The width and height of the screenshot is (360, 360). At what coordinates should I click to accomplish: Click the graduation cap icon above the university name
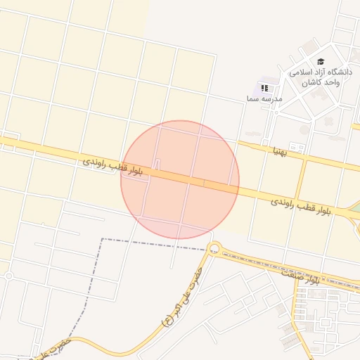[x=321, y=62]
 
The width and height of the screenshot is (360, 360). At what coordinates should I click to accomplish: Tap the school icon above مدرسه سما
[x=264, y=88]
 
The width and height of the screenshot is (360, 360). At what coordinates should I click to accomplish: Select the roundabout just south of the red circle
[x=214, y=247]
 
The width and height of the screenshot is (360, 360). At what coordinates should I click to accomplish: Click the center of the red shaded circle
[x=180, y=179]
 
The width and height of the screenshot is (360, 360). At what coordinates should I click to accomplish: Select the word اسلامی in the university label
[x=300, y=72]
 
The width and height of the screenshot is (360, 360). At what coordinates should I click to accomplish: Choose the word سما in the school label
[x=252, y=99]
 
